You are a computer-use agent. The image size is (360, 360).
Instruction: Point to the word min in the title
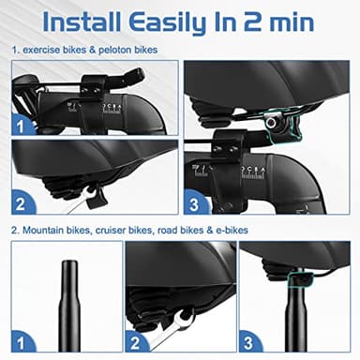point(317,21)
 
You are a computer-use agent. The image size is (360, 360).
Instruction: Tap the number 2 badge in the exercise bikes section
point(22,200)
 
